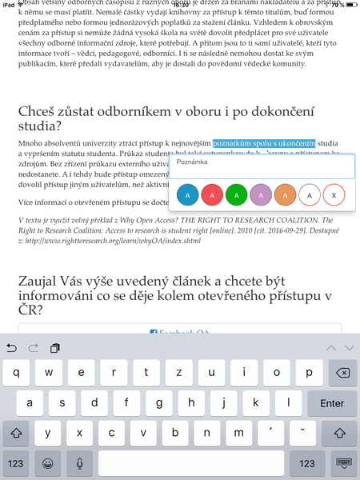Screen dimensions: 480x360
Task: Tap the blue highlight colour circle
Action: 187,194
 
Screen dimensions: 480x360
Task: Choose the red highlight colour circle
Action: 211,194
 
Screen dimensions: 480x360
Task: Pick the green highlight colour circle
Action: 236,194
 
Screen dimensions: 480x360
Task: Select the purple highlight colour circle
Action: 260,194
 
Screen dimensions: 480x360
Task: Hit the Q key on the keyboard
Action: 17,373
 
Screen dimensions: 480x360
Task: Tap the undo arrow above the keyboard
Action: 11,347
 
